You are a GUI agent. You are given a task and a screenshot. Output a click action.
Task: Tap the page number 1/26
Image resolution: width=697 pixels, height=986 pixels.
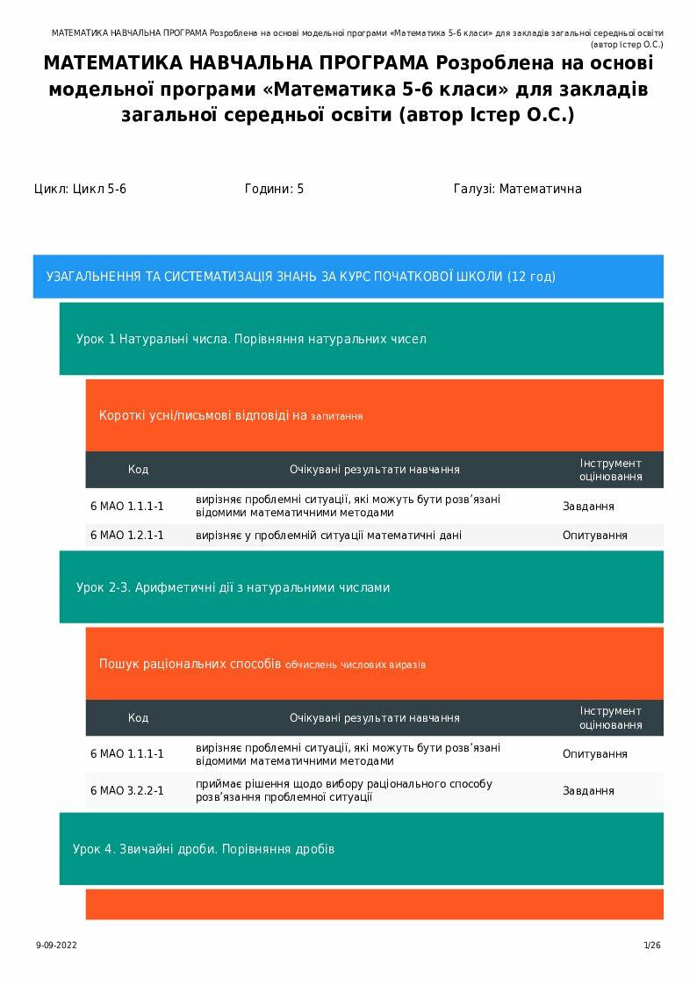(x=651, y=946)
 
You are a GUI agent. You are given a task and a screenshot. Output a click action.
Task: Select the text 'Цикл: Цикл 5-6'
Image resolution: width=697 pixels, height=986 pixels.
(x=80, y=189)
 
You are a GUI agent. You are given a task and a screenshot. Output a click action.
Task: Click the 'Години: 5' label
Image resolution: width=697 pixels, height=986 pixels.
(x=274, y=189)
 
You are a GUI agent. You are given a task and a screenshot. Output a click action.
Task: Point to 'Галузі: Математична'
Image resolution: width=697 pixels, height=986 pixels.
(x=517, y=189)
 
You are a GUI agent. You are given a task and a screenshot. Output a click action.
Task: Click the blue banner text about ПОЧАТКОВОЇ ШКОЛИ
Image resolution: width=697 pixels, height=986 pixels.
(x=300, y=277)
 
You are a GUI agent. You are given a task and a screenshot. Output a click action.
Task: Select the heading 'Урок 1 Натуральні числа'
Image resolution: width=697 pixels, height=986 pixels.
(x=251, y=339)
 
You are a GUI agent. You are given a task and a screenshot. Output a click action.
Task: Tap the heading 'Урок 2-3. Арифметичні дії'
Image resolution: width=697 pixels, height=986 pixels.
(x=233, y=587)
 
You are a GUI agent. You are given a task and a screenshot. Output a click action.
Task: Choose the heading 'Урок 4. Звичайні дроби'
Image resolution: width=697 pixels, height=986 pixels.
(x=203, y=849)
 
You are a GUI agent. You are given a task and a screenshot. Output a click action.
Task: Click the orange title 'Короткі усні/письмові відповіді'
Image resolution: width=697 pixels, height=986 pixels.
(x=230, y=415)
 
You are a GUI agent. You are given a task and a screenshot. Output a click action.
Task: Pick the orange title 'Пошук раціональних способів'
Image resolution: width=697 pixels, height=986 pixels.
(x=262, y=664)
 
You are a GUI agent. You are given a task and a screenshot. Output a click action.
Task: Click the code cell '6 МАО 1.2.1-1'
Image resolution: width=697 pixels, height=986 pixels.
(x=127, y=535)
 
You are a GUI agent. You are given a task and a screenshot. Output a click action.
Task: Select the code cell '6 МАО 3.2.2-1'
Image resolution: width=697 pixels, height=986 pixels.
(x=127, y=790)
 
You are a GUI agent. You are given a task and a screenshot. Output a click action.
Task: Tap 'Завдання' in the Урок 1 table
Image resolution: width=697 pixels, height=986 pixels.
(x=588, y=507)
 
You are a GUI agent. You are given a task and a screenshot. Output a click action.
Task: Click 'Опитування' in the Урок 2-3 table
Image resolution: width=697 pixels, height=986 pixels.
(x=594, y=753)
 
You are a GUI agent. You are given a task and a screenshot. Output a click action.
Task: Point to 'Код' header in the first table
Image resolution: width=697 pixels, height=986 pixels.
(x=138, y=470)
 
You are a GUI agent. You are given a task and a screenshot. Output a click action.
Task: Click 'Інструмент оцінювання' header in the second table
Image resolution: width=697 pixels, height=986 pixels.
(x=610, y=717)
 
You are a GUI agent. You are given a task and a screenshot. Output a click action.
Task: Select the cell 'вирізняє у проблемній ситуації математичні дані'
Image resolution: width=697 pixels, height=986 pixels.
(x=328, y=535)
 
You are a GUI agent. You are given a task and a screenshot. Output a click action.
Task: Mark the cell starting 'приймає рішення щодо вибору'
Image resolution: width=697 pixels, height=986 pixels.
(x=343, y=790)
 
